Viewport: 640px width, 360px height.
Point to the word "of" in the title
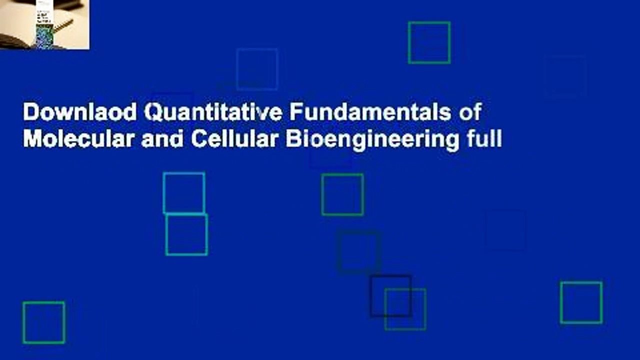point(470,113)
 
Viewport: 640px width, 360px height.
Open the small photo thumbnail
point(44,24)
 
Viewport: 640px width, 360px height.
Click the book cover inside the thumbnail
point(44,27)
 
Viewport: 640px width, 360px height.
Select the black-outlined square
point(390,296)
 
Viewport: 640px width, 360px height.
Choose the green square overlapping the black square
point(405,309)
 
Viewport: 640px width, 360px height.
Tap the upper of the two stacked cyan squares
point(184,192)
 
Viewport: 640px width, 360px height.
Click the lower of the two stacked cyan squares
point(186,234)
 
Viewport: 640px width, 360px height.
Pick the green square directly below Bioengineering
point(342,194)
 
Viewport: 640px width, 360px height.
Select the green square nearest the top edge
point(429,42)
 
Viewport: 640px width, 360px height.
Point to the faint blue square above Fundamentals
point(257,69)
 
